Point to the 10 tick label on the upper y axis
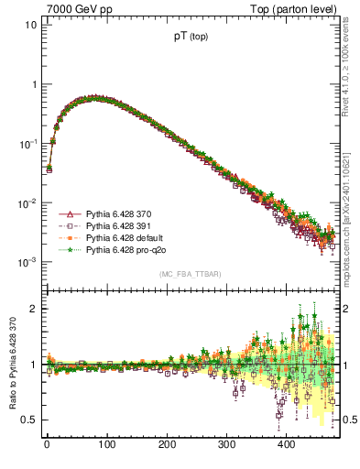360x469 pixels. coord(31,25)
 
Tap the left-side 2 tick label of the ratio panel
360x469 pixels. coord(34,309)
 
